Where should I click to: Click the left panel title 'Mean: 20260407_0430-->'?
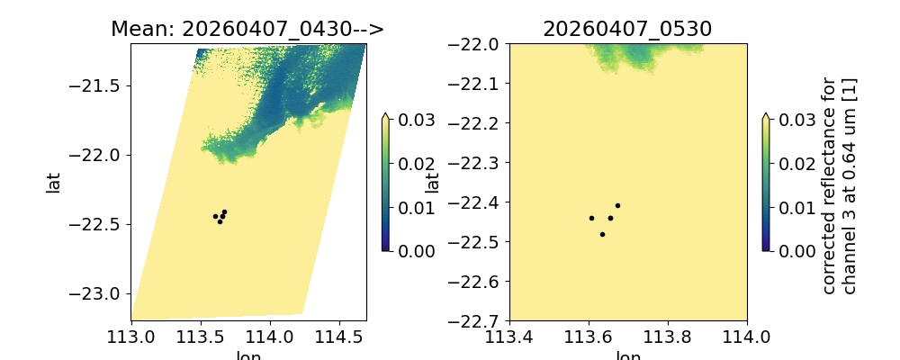(247, 29)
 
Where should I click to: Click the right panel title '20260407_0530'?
(627, 29)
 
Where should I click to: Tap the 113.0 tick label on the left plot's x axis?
(133, 338)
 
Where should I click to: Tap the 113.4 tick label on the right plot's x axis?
(509, 338)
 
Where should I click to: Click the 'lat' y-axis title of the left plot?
(54, 183)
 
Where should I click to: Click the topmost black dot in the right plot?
(617, 205)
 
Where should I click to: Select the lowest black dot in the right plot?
(602, 234)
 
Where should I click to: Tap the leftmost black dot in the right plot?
(591, 218)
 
